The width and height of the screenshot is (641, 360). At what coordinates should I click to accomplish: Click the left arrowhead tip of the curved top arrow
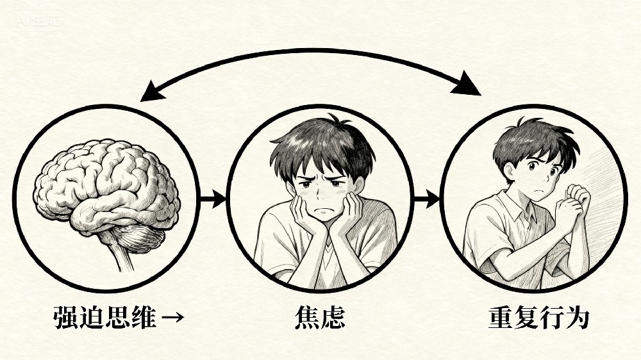click(140, 101)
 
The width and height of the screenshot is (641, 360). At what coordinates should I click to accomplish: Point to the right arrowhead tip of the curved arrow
click(480, 95)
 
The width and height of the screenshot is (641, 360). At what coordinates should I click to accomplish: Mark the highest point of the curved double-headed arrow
click(311, 50)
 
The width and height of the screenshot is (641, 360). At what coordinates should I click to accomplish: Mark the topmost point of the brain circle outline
click(106, 106)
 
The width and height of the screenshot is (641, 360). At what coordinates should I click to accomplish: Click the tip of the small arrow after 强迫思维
click(183, 317)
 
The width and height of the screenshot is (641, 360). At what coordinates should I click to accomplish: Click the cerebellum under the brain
click(140, 239)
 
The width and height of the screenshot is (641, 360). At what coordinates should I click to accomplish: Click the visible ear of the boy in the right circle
click(509, 172)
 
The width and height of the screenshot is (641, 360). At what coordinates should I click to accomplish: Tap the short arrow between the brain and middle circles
click(213, 199)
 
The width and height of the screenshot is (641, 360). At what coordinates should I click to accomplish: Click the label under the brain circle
click(119, 318)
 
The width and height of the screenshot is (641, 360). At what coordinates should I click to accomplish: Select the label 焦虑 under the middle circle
click(320, 318)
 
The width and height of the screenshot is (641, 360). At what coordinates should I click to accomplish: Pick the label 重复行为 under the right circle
click(539, 318)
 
